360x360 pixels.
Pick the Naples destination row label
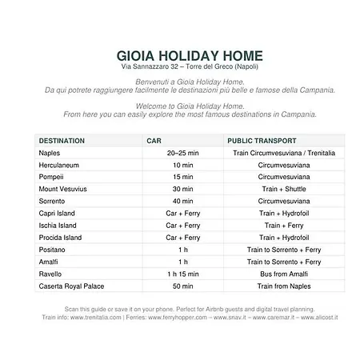pos(50,152)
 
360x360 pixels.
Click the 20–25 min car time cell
pos(182,152)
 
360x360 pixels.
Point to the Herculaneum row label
pos(59,165)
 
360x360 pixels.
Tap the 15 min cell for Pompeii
pos(182,177)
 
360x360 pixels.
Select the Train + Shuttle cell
pos(283,189)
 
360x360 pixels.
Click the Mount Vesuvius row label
pos(64,189)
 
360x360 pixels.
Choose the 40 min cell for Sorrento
pos(182,201)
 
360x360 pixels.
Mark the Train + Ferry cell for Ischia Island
pos(283,226)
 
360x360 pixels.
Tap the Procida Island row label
pos(60,238)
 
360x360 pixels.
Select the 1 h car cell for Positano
pos(182,250)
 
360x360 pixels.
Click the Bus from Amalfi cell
pos(283,274)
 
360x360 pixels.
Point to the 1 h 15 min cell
pos(182,274)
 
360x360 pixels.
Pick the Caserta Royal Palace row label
pos(72,286)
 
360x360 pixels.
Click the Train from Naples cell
pos(283,286)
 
